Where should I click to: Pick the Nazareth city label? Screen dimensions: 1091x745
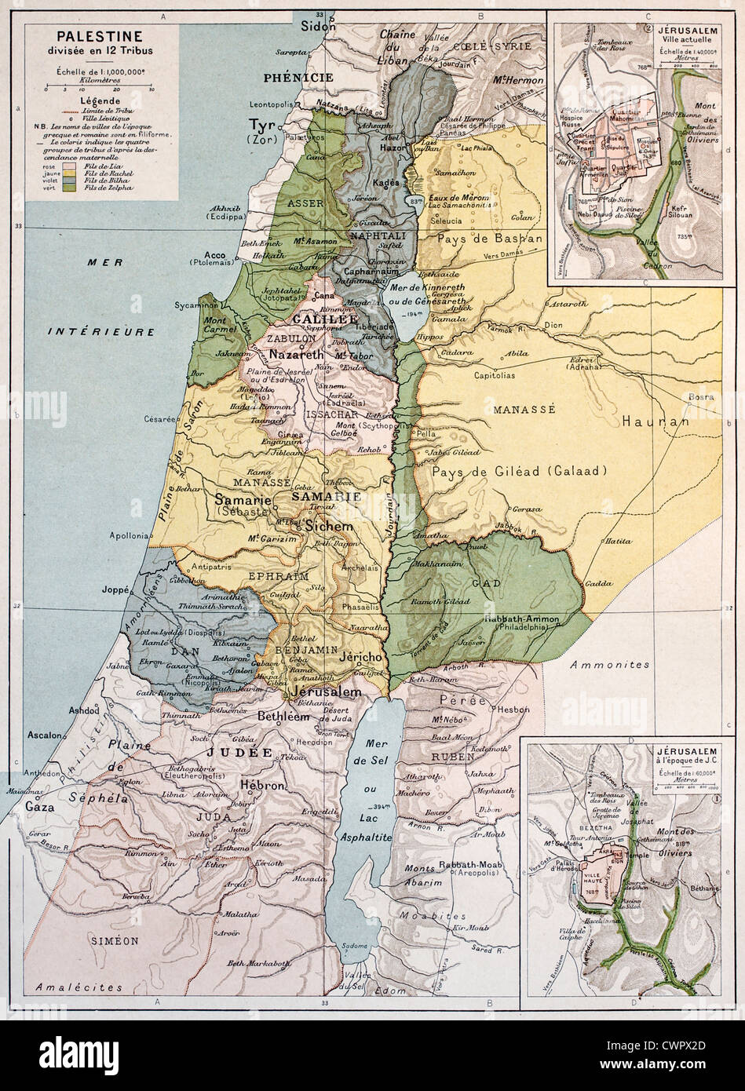[x=296, y=355]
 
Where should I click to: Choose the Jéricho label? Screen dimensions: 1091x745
[x=360, y=656]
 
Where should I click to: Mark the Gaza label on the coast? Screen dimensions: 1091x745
[x=41, y=806]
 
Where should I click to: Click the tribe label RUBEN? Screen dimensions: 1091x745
[x=451, y=757]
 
